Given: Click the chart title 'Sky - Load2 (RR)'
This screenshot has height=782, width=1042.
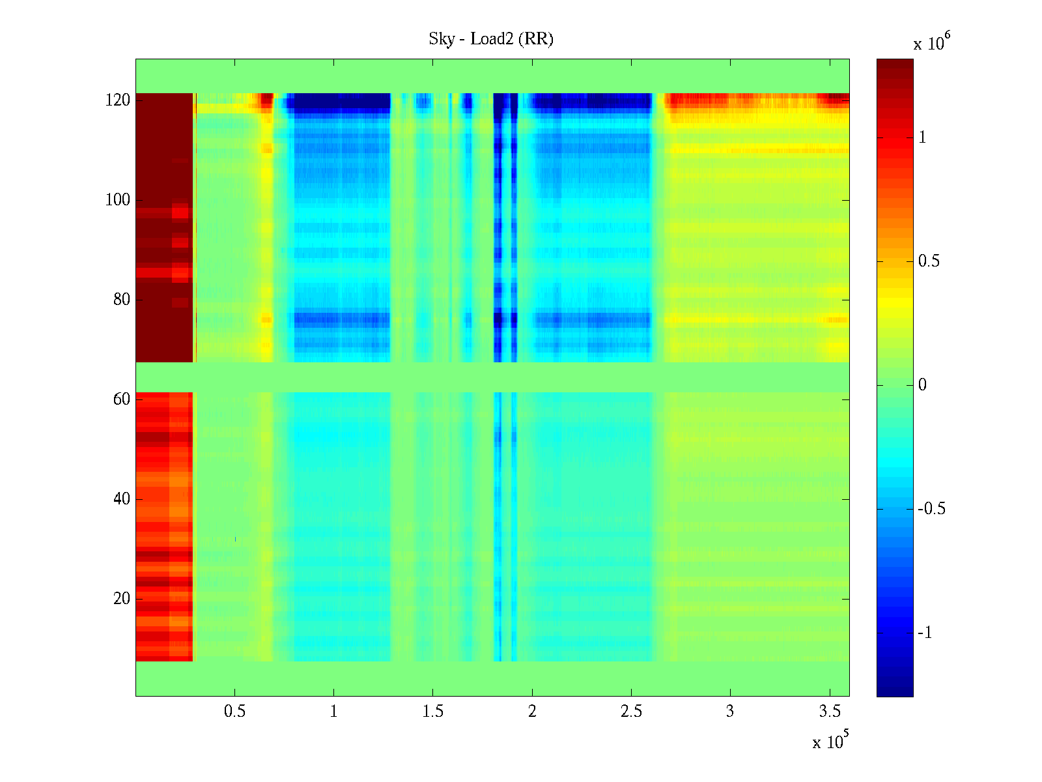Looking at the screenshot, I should coord(491,39).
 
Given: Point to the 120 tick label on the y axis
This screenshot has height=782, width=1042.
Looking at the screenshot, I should coord(118,100).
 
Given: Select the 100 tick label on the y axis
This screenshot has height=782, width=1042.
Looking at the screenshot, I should coord(118,200).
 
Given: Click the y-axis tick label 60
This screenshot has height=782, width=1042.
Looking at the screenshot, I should coord(121,399).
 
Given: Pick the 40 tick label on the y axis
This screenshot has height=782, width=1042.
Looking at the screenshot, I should coord(121,499).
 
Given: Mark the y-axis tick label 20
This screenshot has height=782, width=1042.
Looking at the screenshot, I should coord(121,599).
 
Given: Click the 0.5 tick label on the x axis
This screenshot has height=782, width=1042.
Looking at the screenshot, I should coord(234,712).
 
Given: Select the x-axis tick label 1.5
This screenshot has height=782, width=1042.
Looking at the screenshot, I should coord(433,712).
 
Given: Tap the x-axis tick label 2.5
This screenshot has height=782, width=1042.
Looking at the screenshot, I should coord(631,712).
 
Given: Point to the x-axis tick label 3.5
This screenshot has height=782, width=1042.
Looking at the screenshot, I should coord(830,712).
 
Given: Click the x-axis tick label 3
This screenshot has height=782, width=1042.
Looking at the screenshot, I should coord(730,712).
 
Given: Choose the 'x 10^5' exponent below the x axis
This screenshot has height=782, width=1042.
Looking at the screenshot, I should coord(830,741).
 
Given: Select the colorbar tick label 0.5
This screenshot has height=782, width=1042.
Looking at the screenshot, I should coord(929,261).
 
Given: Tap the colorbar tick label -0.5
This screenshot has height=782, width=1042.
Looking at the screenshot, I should coord(931,509).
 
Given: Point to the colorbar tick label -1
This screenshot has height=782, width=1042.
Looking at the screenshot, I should coord(925,633).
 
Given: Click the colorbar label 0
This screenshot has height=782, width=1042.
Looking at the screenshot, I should coord(922,385).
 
